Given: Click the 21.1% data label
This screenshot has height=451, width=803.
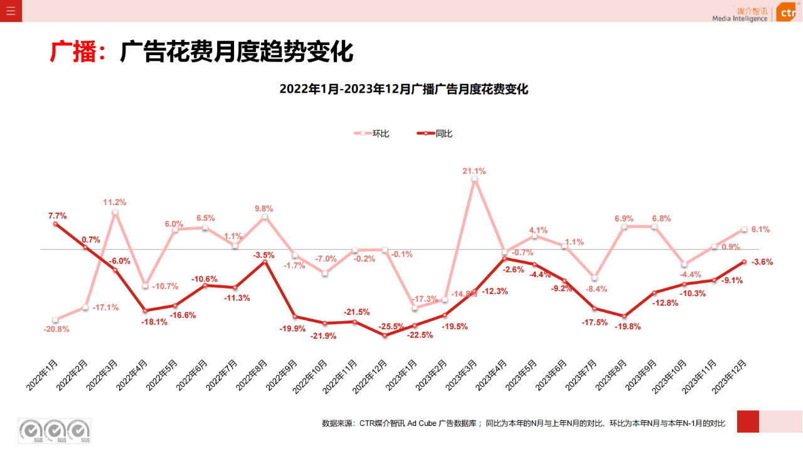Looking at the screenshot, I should (x=474, y=171).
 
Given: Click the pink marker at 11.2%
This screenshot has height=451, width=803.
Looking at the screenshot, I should (x=115, y=213).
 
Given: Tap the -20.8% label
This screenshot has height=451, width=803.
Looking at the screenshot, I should (x=56, y=329).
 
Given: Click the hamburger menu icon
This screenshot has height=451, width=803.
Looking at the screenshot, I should (x=11, y=11).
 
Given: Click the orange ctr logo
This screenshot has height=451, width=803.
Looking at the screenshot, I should (x=787, y=12).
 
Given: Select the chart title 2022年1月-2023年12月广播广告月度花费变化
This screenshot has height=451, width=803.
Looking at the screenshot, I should (x=403, y=89).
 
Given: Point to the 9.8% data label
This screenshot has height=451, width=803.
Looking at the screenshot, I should (x=263, y=208).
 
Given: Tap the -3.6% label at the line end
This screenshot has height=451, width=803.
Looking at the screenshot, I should (x=762, y=262).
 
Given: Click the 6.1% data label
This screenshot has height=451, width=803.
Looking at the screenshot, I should (x=760, y=229).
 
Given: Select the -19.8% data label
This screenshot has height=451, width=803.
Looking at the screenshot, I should (x=627, y=326).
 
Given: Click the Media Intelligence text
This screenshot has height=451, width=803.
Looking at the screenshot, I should (x=739, y=18).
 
